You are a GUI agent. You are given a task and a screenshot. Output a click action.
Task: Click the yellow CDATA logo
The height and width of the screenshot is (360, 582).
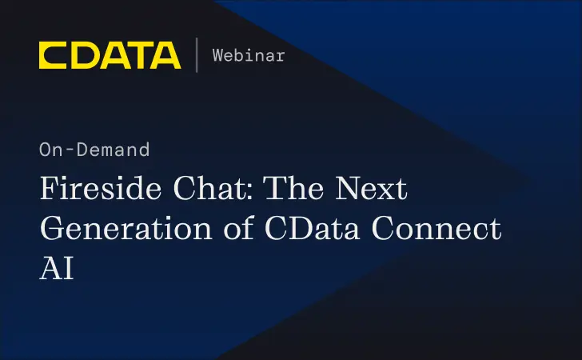110,55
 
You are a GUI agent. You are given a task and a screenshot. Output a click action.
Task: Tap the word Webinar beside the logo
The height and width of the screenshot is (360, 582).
249,55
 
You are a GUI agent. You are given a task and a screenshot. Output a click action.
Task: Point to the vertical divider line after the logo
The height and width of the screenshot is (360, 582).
197,55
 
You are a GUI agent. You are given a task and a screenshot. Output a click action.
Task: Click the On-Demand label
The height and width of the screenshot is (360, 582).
94,150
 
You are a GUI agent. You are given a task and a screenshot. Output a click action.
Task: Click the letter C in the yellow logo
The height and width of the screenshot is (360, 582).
52,55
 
